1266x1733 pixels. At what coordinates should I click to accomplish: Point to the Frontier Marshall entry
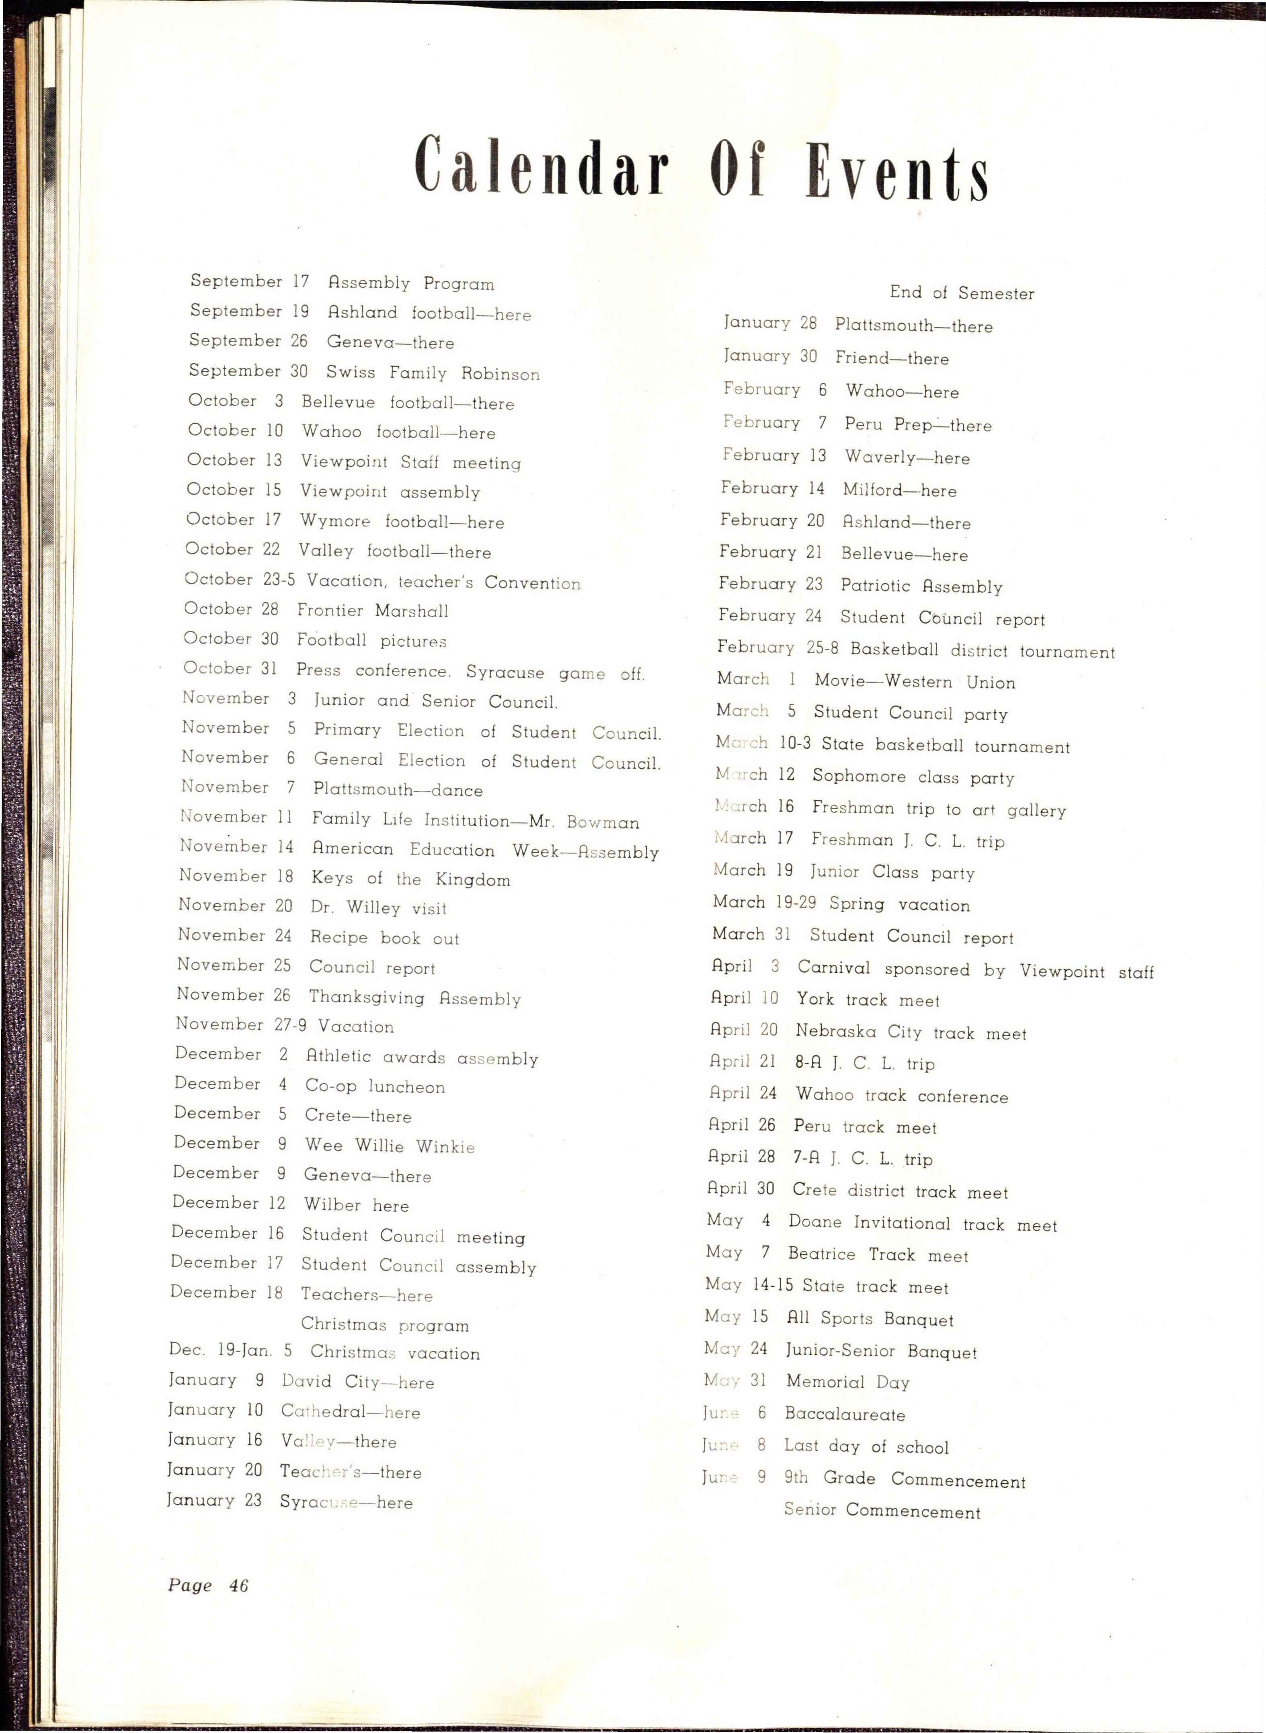click(x=372, y=610)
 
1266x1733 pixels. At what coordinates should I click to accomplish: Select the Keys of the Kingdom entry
click(x=410, y=879)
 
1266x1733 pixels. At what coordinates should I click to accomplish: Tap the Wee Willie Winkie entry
click(x=389, y=1146)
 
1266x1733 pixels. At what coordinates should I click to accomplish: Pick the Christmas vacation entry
click(x=395, y=1353)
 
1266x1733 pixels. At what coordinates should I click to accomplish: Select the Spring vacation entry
click(x=899, y=905)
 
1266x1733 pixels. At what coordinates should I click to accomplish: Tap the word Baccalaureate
click(x=845, y=1414)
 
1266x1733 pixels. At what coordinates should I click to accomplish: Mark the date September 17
click(x=249, y=281)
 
